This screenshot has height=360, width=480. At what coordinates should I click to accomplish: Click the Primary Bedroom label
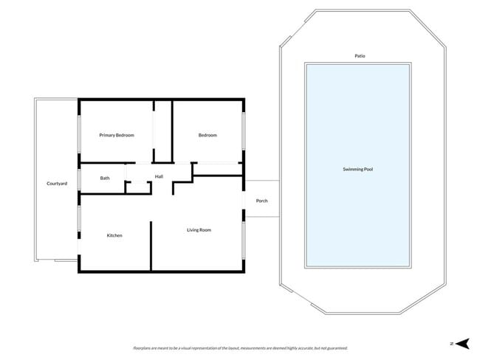click(117, 135)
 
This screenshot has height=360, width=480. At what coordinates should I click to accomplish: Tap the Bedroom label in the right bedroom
click(208, 135)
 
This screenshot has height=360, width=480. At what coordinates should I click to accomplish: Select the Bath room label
click(105, 178)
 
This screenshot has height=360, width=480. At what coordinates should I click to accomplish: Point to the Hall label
click(159, 176)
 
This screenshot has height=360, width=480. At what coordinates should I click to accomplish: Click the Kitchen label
click(114, 235)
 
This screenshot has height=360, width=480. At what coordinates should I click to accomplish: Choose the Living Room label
click(199, 230)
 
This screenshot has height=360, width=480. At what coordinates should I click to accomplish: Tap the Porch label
click(261, 201)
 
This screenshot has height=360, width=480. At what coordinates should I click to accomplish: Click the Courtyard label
click(57, 183)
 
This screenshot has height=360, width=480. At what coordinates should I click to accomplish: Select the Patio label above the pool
click(359, 55)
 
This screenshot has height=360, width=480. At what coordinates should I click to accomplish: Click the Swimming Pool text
click(358, 170)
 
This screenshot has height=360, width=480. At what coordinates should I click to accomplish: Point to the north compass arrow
click(462, 343)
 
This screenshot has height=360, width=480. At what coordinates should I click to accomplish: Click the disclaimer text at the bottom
click(240, 347)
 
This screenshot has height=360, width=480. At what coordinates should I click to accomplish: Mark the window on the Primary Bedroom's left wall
click(80, 133)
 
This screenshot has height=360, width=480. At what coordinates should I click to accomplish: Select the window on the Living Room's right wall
click(244, 240)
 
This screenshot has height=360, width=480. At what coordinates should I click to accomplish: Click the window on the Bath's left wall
click(80, 178)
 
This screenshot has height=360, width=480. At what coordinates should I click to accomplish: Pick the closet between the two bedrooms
click(162, 133)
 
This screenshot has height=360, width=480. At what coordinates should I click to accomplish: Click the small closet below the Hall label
click(137, 187)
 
